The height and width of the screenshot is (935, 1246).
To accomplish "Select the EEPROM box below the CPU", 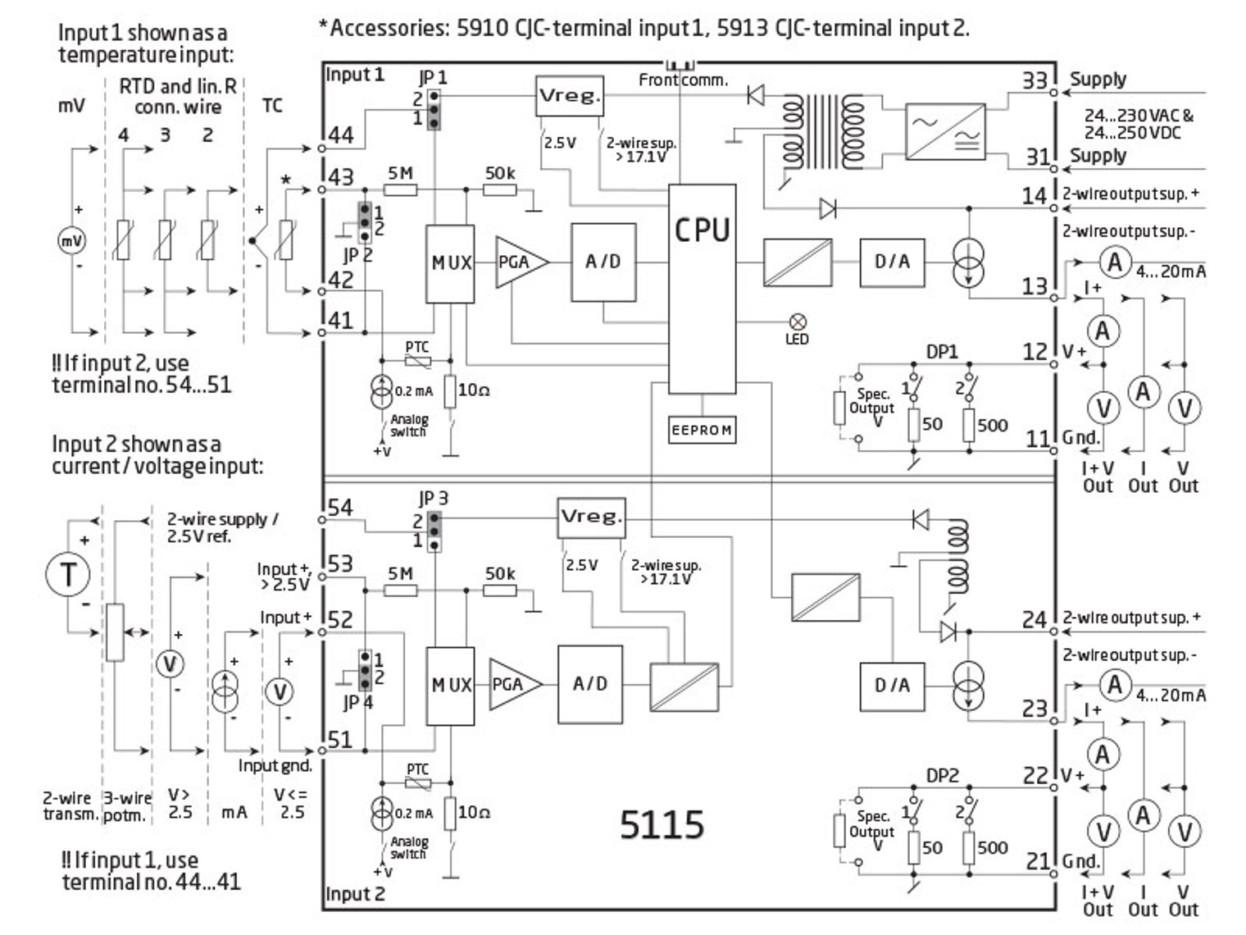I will coord(702,430).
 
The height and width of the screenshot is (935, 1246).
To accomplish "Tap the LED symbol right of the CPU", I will coord(796,322).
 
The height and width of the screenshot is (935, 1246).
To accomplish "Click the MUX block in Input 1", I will coord(450,263).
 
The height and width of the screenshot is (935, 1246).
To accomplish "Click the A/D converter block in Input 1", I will coord(603,262).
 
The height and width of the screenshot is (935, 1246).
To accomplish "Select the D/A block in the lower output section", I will coord(892,685).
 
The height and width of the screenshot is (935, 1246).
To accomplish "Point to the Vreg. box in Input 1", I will coord(569,96).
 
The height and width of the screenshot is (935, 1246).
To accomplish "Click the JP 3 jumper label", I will coord(433,498).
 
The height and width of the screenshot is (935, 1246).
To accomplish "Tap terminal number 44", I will coord(341,135).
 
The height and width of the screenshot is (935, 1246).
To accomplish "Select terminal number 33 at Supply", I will coord(1035,80).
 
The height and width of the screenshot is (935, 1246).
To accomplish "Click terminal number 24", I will coord(1035,619).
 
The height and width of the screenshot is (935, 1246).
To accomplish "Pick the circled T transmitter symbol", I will coord(67,572).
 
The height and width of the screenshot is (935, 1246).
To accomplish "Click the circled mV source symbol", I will coord(71,241).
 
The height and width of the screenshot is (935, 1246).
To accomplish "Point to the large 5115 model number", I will coord(662,824).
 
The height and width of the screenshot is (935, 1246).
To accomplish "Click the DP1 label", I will coord(942,352).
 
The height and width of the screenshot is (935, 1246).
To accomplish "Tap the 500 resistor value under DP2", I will coord(992,847).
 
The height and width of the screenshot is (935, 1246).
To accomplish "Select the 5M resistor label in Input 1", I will coord(400,173).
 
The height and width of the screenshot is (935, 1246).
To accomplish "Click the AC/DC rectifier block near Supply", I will coord(945,131).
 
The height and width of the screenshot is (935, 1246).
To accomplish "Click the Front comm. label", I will coord(683,80).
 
